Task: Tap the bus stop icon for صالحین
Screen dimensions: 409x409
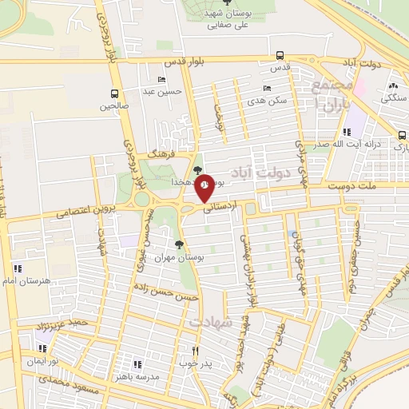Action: click(114, 93)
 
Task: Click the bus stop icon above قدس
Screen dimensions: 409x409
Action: click(279, 56)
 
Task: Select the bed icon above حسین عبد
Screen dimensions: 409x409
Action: click(162, 80)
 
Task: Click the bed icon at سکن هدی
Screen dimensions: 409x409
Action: click(266, 89)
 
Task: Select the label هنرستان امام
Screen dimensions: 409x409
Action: click(32, 280)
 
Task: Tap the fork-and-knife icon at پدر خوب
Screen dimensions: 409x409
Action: click(195, 351)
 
